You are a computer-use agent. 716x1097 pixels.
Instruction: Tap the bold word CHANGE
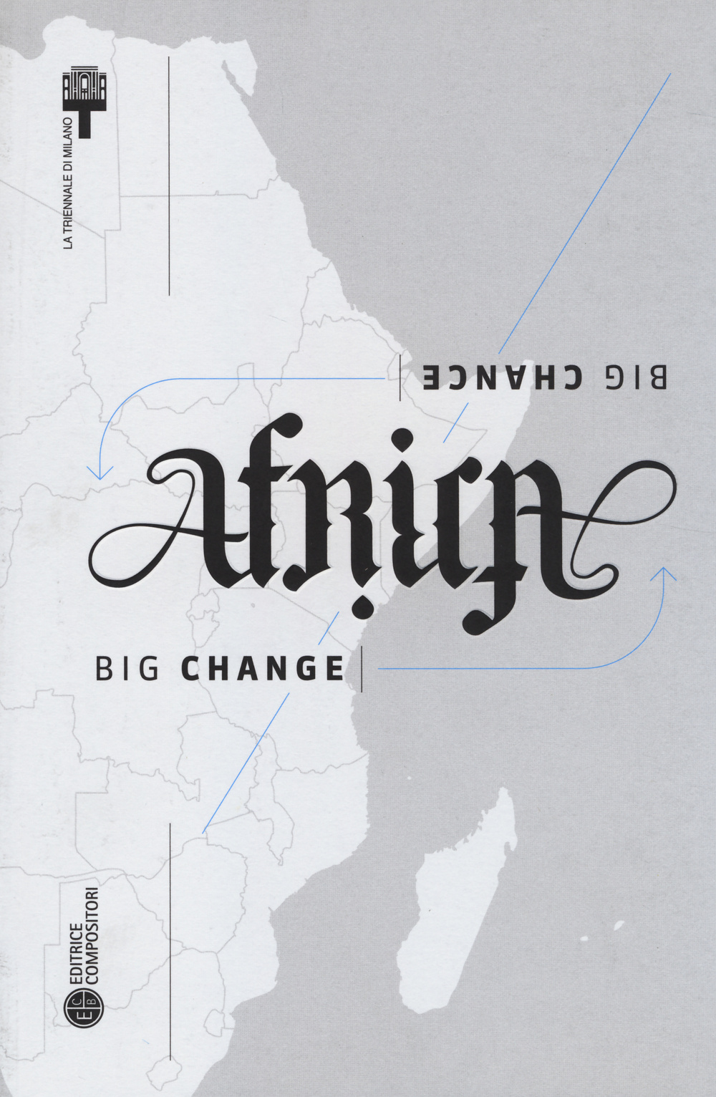(262, 669)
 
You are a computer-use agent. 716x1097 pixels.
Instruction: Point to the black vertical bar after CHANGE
(362, 669)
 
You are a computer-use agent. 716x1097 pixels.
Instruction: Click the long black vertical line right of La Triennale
(169, 175)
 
